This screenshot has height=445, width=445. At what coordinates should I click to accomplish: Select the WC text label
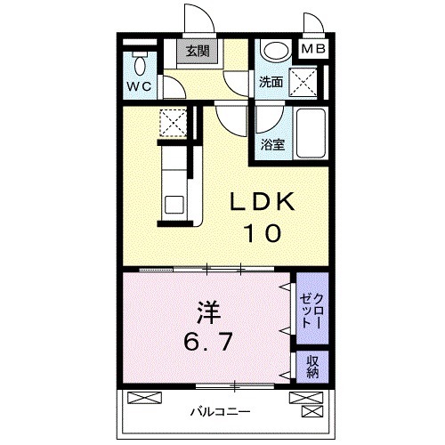[x=138, y=86]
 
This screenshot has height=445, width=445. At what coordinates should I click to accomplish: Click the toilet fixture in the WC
[x=138, y=63]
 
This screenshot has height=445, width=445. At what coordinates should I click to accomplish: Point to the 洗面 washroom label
[x=271, y=82]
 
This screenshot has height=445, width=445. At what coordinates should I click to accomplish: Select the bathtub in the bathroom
[x=311, y=133]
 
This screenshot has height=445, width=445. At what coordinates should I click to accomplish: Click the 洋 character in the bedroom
[x=207, y=312]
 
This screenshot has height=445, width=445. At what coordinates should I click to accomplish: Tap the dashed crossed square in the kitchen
[x=172, y=122]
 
